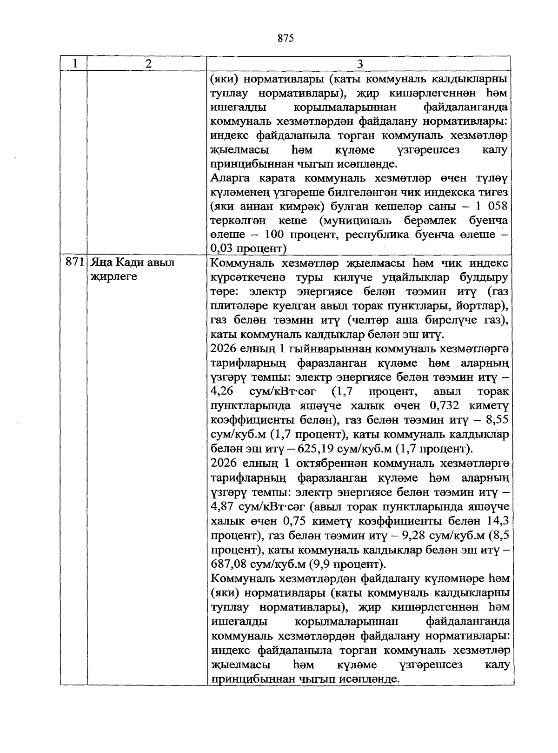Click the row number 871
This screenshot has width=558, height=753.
[74, 262]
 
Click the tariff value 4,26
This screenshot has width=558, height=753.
[222, 391]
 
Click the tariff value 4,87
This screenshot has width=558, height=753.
[222, 506]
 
